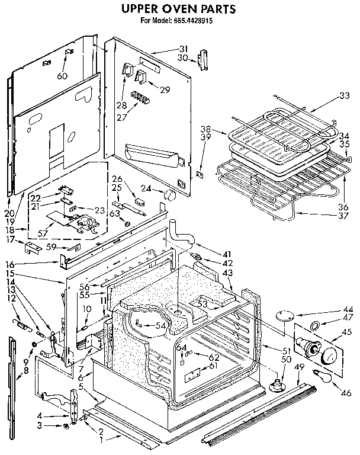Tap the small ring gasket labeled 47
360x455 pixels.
tap(316, 323)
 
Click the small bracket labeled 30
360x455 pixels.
tap(204, 59)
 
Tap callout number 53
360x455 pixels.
tap(202, 304)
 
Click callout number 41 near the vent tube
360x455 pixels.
tap(227, 254)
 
